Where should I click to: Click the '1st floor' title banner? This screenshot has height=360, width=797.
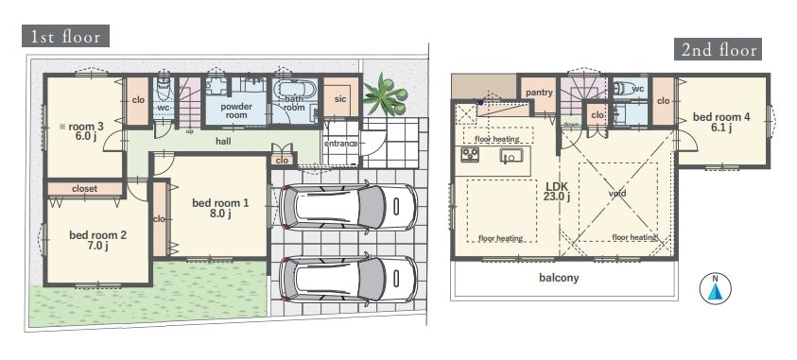tap(65, 36)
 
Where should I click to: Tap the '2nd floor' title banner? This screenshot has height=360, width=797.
tap(718, 49)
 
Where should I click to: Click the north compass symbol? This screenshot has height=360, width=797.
tap(715, 288)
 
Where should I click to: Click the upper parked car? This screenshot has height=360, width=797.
tap(348, 207)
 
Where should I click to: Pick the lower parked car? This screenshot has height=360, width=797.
tap(348, 280)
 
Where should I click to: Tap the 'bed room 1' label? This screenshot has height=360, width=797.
tap(220, 208)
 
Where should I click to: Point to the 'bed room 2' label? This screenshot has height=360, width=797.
tap(97, 241)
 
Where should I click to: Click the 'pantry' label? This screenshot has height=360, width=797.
tap(539, 93)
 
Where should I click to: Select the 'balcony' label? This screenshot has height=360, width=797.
tap(559, 278)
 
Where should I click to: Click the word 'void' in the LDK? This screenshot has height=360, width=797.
tap(617, 194)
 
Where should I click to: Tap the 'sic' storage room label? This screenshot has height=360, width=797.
tap(340, 99)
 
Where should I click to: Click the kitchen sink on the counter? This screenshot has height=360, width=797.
tap(509, 157)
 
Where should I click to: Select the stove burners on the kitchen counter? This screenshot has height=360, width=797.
tap(470, 154)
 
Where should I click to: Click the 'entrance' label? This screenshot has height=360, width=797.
tap(341, 144)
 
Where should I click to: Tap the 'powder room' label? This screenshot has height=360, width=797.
tap(236, 111)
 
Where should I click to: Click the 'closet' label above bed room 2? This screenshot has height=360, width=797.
tap(84, 188)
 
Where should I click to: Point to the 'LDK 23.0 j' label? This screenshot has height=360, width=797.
tap(557, 192)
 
